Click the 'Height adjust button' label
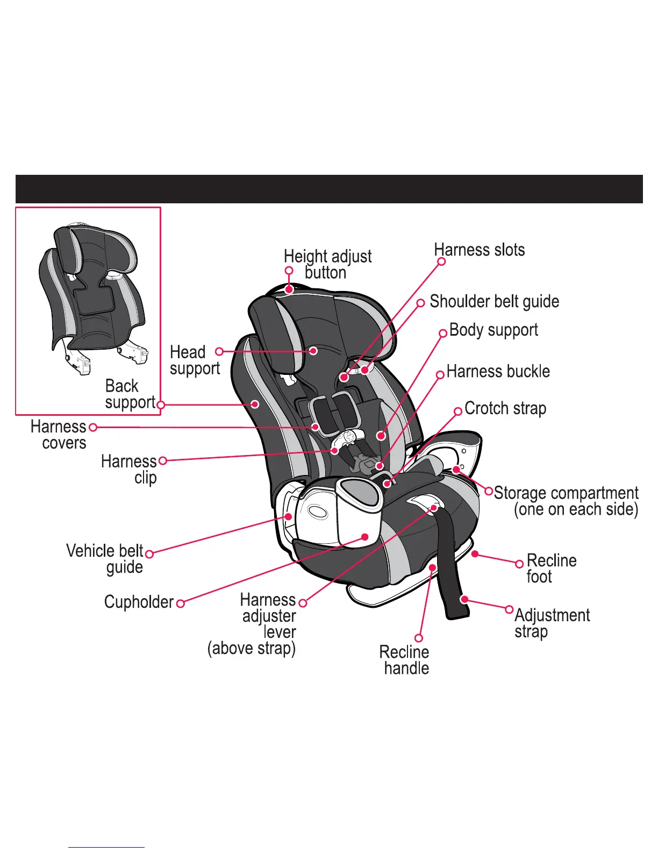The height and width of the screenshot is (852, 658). pos(327,264)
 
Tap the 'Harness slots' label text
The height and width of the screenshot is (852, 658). pos(479,250)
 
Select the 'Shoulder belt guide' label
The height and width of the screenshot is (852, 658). pos(494,302)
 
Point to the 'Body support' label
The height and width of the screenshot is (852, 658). pos(493,330)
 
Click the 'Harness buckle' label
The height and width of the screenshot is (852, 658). pos(498,372)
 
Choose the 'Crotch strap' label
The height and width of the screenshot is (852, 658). pos(505,409)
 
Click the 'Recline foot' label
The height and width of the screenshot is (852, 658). pos(551,569)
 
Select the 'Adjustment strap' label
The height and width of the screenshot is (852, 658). pos(552,623)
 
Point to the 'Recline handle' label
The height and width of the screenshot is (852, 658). pos(404,660)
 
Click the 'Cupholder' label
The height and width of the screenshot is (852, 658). pos(139,602)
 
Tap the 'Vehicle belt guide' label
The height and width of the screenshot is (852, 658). pos(105,559)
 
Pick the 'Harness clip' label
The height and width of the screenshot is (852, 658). pos(129,469)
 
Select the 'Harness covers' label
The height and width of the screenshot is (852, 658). pos(59,435)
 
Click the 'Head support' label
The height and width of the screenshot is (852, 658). pos(195,360)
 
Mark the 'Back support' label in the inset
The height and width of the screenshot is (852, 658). pos(130,394)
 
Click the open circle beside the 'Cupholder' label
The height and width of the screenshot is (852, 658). pos(181,603)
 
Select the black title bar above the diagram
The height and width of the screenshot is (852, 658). pos(329,189)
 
